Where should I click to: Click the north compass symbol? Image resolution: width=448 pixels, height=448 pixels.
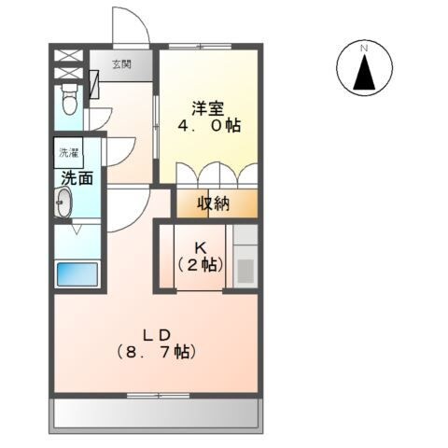[x=365, y=68]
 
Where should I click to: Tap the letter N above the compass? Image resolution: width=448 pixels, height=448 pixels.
[x=365, y=46]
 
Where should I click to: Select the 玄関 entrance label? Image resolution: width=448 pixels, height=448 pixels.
[x=122, y=64]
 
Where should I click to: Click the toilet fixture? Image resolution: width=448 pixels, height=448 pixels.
[x=68, y=98]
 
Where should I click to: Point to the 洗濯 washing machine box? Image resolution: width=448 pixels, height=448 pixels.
[x=68, y=152]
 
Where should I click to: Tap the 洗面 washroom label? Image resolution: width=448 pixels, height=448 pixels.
[x=76, y=176]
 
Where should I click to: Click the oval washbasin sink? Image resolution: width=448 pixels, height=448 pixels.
[x=63, y=203]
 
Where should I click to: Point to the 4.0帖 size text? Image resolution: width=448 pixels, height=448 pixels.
[x=210, y=124]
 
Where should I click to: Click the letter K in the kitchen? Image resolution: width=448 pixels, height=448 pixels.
[x=200, y=247]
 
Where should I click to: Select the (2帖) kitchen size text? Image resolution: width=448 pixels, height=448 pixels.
[x=201, y=265]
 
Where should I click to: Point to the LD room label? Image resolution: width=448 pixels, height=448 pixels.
[x=155, y=334]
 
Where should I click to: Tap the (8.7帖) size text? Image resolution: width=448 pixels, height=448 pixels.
[x=156, y=353]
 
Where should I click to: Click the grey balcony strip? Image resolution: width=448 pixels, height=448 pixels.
[x=156, y=413]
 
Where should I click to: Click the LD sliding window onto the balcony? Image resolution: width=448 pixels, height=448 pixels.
[x=155, y=396]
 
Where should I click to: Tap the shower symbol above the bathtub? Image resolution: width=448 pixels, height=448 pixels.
[x=73, y=226]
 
